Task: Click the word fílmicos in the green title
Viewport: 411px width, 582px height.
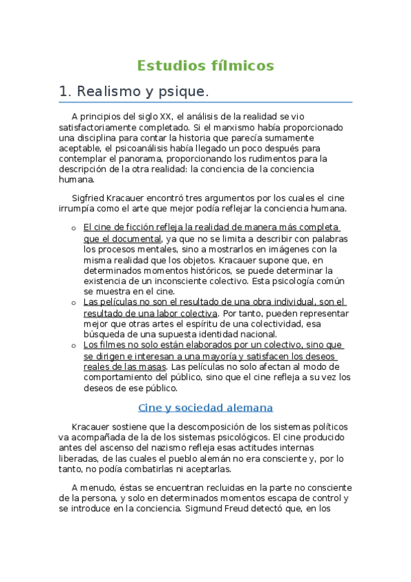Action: tap(240, 66)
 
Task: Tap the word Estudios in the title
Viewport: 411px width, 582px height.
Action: tap(168, 66)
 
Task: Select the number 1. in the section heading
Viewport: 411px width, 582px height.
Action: tap(66, 91)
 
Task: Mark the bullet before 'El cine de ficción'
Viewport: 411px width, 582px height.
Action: tap(73, 228)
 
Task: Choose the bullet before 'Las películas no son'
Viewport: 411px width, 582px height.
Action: tap(73, 303)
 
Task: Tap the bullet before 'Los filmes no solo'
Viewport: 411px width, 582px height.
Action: tap(73, 345)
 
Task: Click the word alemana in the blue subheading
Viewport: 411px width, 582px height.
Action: tap(249, 408)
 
